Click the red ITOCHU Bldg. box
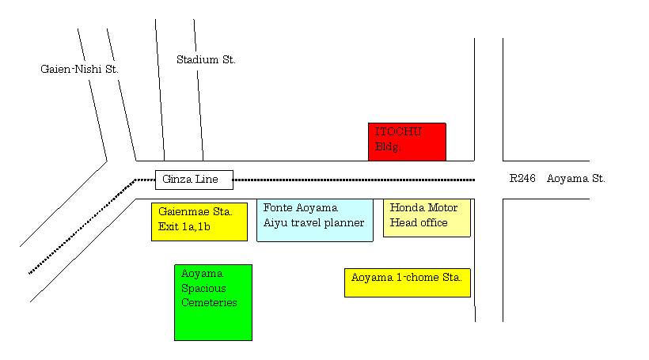coord(407,142)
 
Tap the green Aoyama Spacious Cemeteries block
coord(213,302)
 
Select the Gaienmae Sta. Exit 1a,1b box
coord(199,222)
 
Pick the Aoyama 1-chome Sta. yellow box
coord(408,282)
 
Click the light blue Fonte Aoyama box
coord(315,220)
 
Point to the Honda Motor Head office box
coord(427,218)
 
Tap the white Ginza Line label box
coord(194,180)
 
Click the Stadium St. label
coord(206,59)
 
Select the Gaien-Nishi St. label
coord(79,69)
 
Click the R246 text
coord(522,178)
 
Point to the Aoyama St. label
coord(575,179)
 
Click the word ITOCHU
coord(398,131)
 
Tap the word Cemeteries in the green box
coord(209,302)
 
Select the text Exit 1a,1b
coord(184,227)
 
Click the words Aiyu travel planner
coord(313,223)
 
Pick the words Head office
coord(419,222)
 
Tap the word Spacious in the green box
coord(203,289)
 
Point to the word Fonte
coord(276,207)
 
